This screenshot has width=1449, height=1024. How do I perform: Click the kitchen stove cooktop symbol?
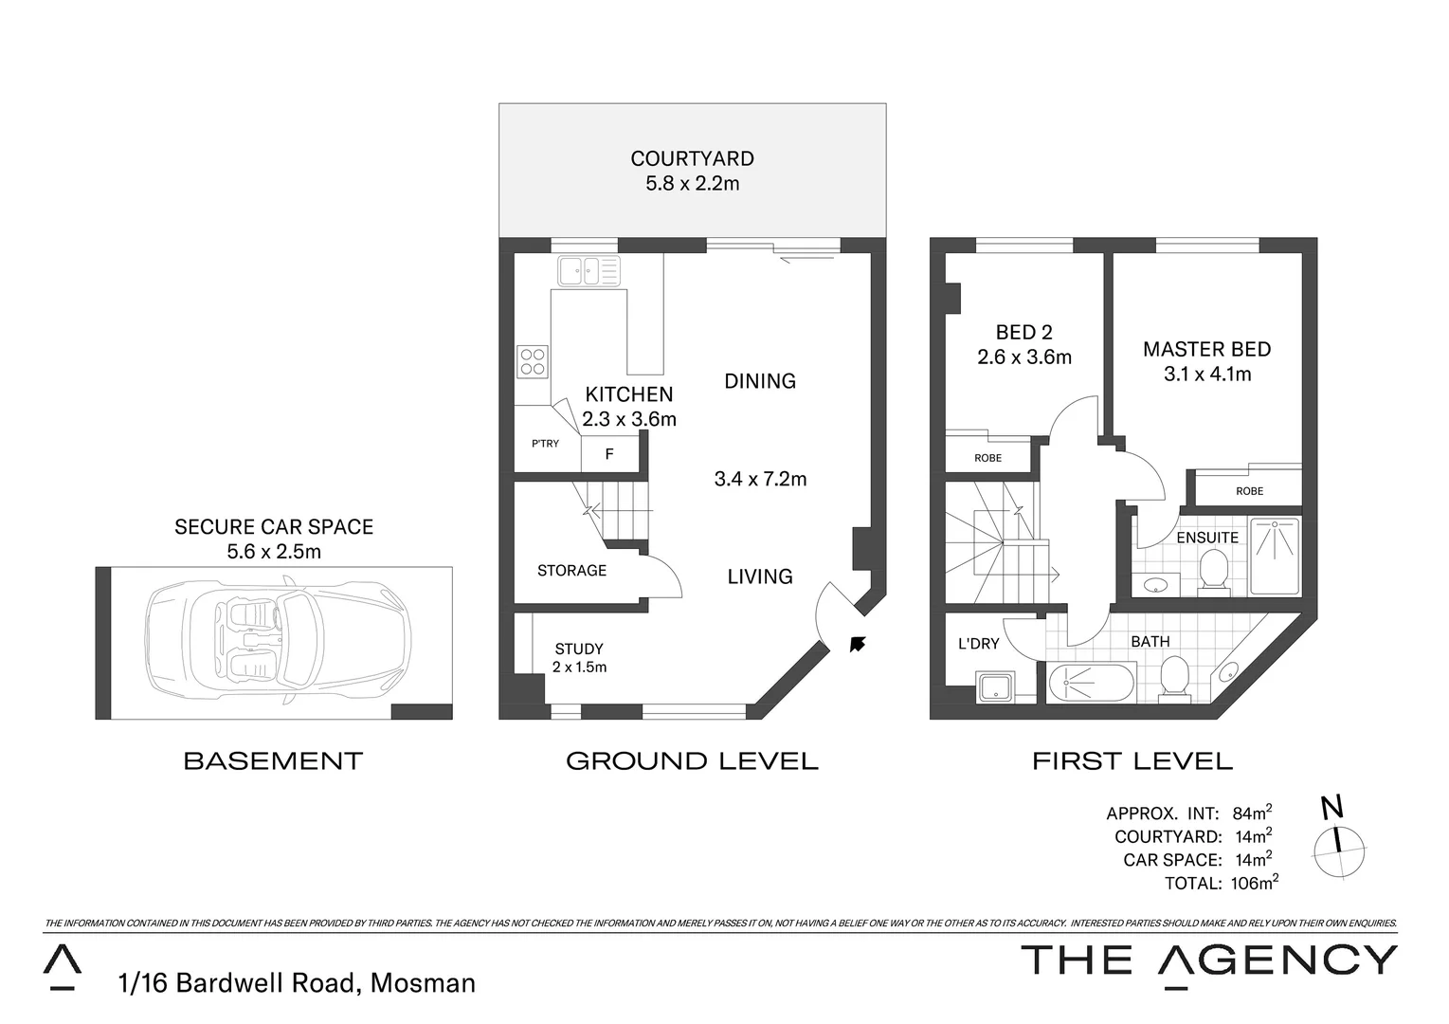coord(532,361)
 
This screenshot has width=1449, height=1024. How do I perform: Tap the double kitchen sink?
coord(589,271)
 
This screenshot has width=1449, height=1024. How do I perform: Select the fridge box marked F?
coord(609,454)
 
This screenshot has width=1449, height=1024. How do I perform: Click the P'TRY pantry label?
coord(545,444)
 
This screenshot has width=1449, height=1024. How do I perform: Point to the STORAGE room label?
coord(571,570)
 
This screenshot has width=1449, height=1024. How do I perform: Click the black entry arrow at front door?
coord(858,645)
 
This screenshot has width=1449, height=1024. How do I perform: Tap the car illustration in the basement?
coord(278,642)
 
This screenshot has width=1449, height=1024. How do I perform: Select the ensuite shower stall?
coord(1275,556)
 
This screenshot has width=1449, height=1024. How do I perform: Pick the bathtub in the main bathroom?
coord(1090,683)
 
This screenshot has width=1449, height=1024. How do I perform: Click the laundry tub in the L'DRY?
coord(995,686)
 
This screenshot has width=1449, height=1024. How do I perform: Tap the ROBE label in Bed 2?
coord(987,458)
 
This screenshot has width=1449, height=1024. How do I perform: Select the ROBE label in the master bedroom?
coord(1249,491)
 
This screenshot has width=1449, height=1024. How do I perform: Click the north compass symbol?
coord(1338,839)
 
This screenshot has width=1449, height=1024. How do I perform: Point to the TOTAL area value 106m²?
coord(1256,883)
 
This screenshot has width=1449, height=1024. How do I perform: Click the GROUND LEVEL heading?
coord(692,760)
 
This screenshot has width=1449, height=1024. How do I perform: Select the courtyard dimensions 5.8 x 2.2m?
coord(692,184)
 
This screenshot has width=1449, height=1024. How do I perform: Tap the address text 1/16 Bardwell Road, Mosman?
coord(297,983)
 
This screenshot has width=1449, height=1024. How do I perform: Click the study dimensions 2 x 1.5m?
coord(579,667)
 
